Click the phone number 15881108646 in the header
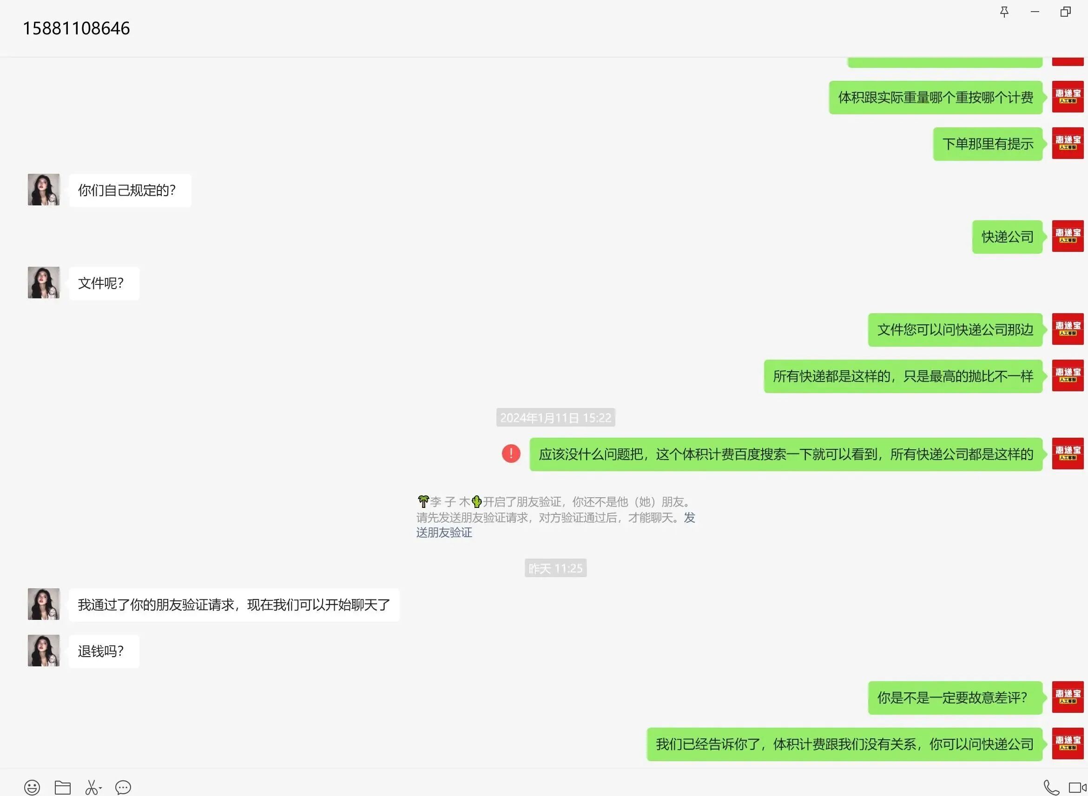(76, 28)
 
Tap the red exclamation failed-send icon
(511, 454)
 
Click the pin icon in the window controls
(1004, 12)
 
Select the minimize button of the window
(1035, 12)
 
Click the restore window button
(1065, 12)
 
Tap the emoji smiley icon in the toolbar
(32, 787)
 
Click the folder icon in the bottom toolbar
(63, 787)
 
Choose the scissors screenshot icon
(92, 787)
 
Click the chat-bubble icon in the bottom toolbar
(123, 787)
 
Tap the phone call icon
(1051, 787)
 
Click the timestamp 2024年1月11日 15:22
(555, 418)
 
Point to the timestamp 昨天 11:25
(555, 569)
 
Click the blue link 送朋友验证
(444, 533)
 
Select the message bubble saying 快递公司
(1007, 237)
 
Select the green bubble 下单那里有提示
(987, 144)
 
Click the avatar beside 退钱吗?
(43, 651)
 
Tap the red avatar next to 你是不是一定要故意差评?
(1067, 697)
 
